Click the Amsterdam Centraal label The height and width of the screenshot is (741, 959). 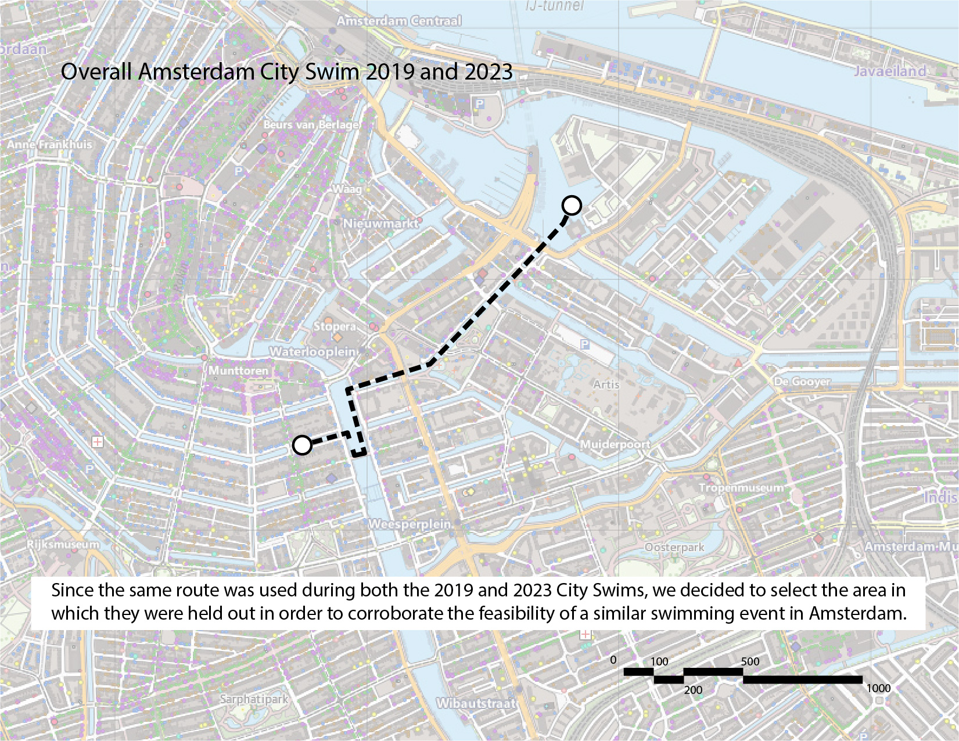coord(399,21)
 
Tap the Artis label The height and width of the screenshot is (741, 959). coord(606,384)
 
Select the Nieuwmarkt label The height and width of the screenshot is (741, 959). coord(380,224)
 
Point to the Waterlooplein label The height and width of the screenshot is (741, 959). coord(314,352)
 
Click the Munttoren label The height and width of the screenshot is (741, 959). coord(239,370)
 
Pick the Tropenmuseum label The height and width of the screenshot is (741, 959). coord(741,488)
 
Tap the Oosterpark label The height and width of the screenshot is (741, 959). coord(674,547)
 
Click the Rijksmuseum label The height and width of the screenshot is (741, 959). coord(63,544)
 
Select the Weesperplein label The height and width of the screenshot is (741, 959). coord(410,524)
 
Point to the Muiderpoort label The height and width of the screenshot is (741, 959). coord(615,444)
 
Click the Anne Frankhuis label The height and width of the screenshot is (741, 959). coord(49,144)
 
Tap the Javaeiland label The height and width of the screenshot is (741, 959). coord(889,71)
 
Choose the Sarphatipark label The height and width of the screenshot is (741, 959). coord(254,699)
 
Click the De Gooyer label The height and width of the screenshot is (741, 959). coord(802,382)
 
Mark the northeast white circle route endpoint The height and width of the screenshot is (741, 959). coord(572,205)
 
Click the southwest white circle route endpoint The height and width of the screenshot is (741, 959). coord(302,445)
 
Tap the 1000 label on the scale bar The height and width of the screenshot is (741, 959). coord(878,688)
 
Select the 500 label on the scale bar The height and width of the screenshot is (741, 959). coord(750,661)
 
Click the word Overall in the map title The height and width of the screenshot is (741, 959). coord(96,72)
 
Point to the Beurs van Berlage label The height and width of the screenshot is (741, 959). coord(311,125)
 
